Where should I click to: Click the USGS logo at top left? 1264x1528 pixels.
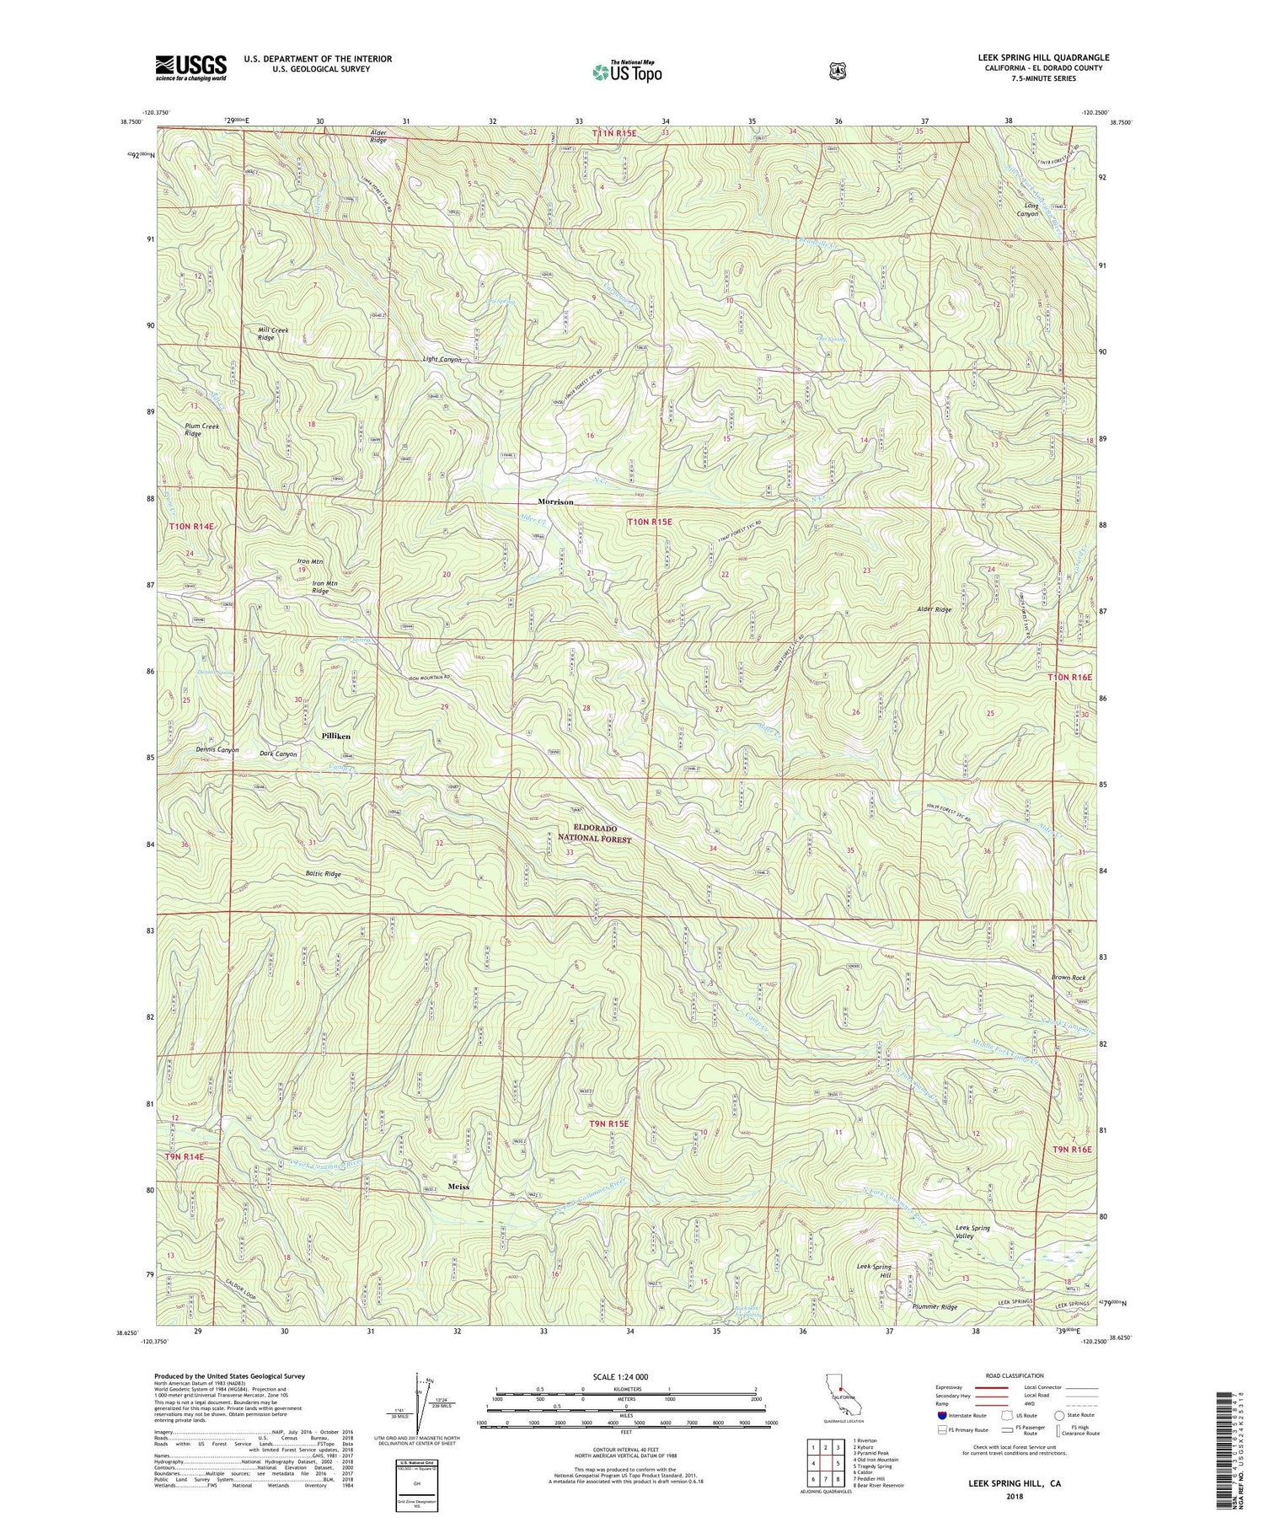190,67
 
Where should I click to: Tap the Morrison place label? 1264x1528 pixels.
555,501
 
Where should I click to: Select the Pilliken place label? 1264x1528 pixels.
336,736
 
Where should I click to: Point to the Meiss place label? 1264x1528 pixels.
458,1187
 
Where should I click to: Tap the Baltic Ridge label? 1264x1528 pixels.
321,874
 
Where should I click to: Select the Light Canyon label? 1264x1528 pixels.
442,360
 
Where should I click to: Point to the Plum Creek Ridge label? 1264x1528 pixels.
202,430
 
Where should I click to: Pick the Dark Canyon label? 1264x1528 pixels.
278,754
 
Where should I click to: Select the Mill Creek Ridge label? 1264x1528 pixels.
272,334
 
